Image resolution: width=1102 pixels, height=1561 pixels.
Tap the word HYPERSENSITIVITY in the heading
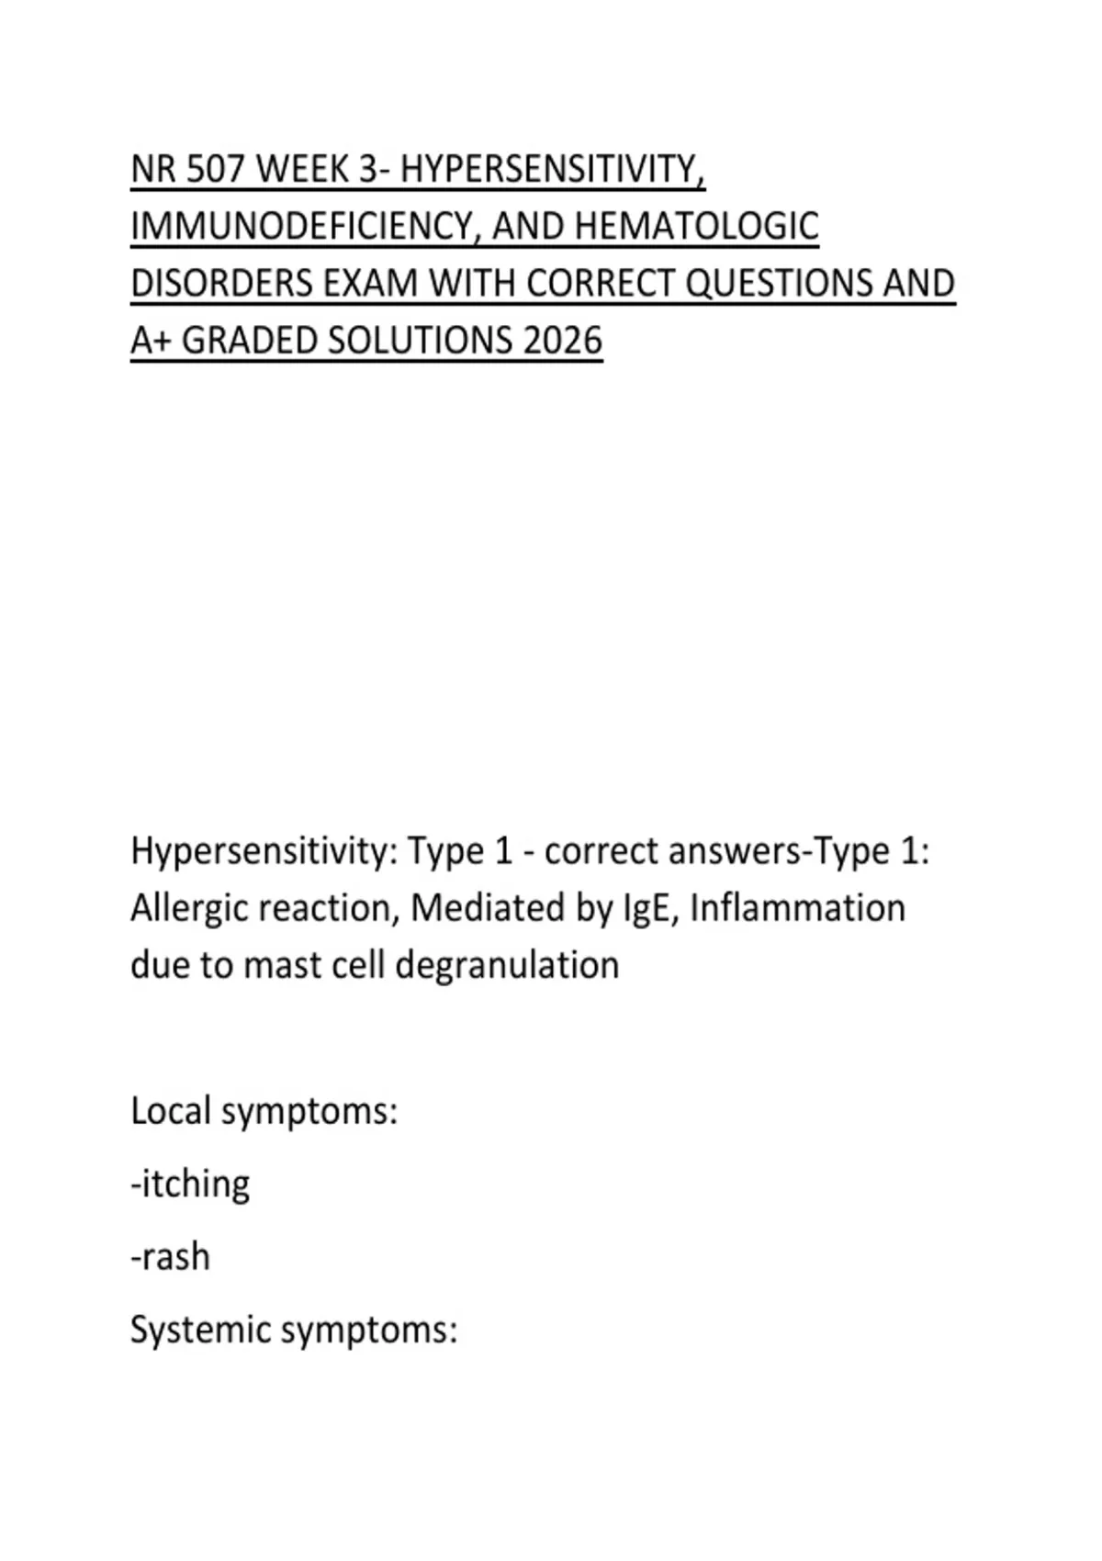point(553,170)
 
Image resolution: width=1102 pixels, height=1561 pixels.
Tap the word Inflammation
point(797,909)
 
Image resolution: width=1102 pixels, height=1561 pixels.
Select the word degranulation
point(507,966)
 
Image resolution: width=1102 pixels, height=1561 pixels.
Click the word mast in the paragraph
point(275,966)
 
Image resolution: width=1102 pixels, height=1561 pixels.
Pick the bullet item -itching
point(190,1185)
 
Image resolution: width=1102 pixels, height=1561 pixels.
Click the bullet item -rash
point(171,1257)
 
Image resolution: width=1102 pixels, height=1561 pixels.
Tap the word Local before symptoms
point(170,1111)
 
